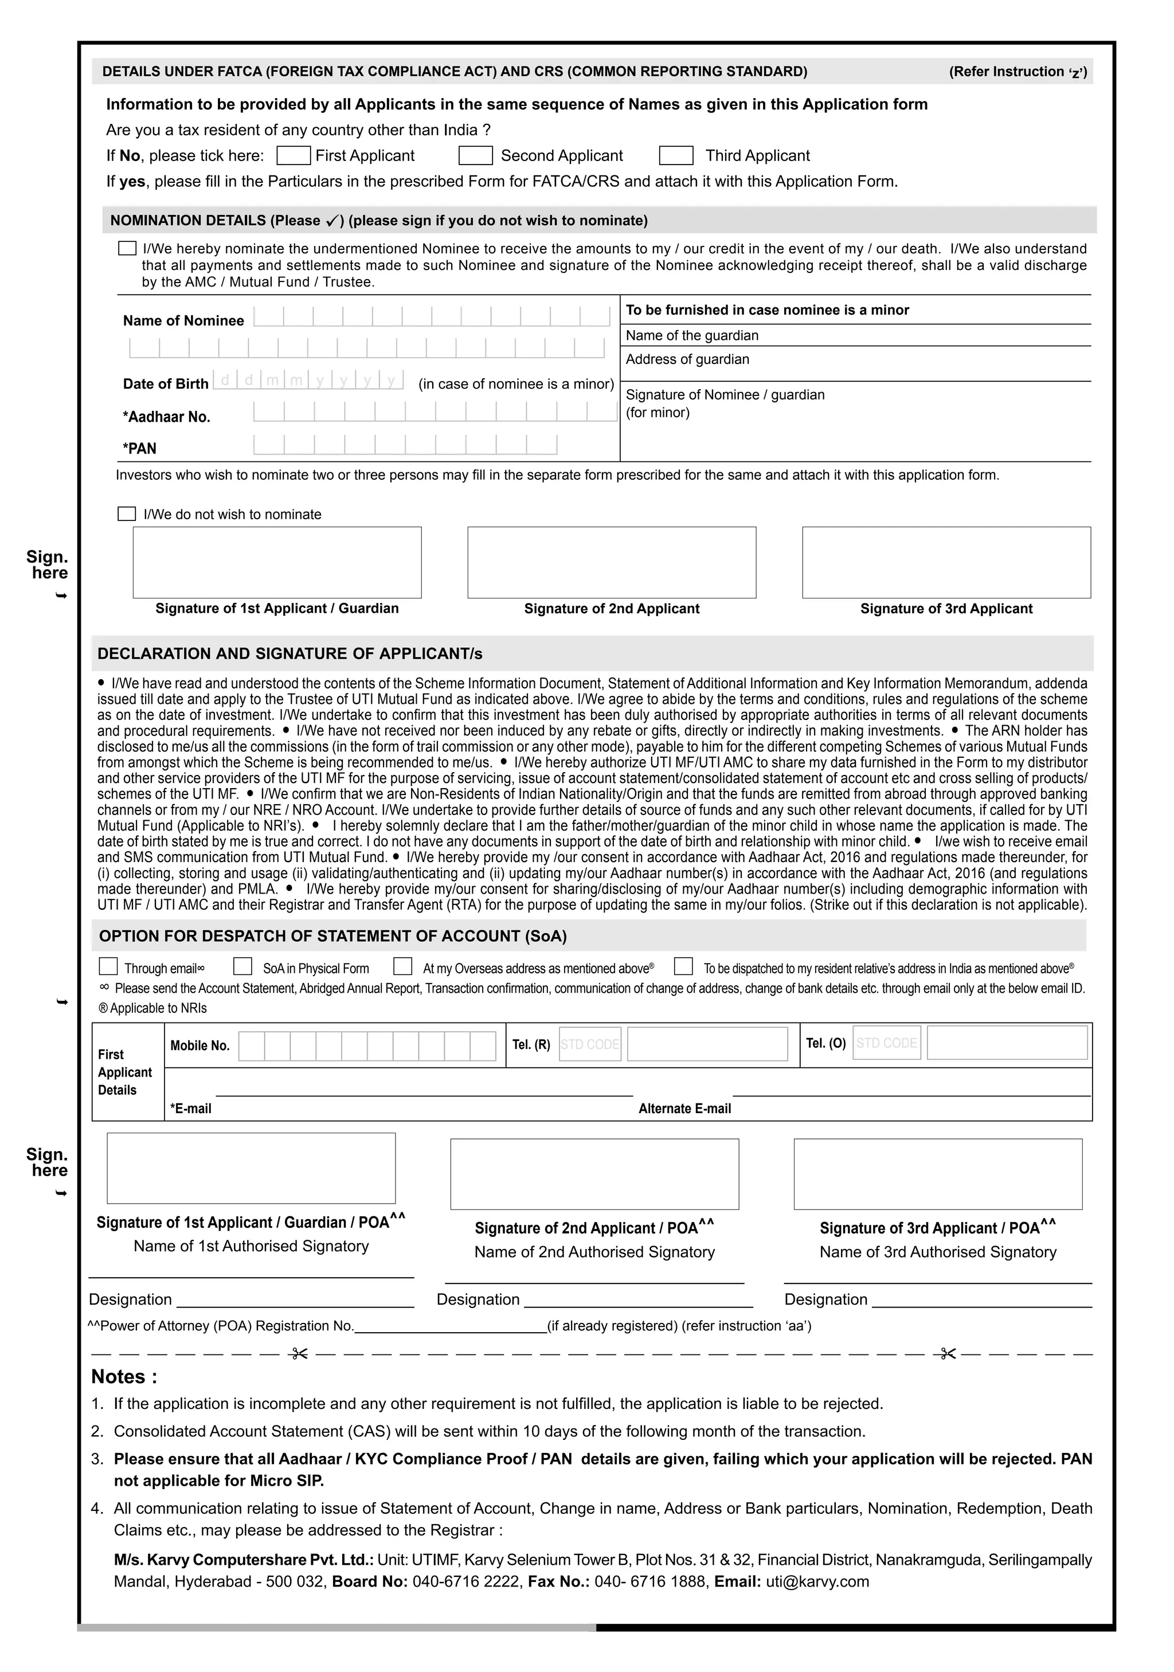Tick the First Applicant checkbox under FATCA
click(x=293, y=156)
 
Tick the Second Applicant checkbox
click(x=476, y=156)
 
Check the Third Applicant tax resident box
click(x=676, y=156)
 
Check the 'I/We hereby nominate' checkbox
click(x=127, y=248)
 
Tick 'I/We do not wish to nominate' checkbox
click(x=127, y=514)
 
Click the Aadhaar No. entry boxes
click(x=435, y=412)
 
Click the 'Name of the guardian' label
click(x=692, y=336)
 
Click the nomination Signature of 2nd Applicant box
click(x=612, y=562)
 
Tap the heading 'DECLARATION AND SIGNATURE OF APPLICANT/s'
click(x=290, y=654)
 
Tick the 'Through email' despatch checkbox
click(x=108, y=966)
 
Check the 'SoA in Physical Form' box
click(x=242, y=966)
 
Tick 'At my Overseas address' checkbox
click(x=403, y=966)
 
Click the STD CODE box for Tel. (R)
click(x=590, y=1044)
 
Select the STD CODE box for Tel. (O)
click(x=886, y=1043)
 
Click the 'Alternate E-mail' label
click(x=684, y=1109)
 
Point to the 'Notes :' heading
click(x=124, y=1377)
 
